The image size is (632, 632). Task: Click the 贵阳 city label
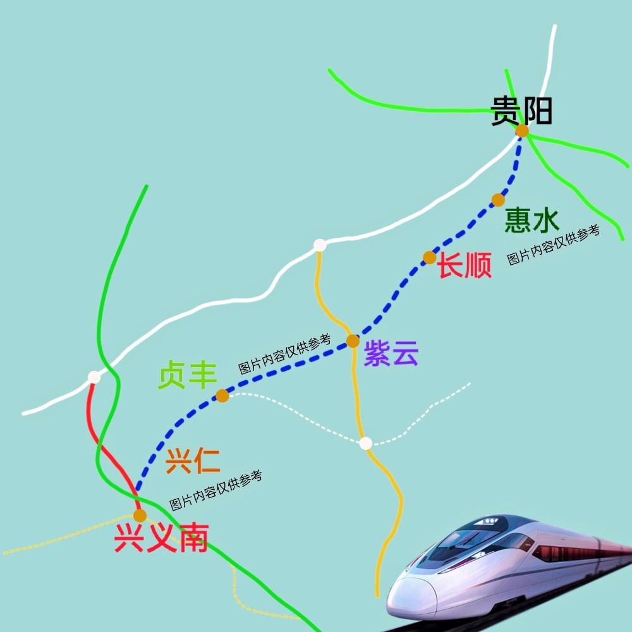521,111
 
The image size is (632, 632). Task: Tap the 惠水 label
532,221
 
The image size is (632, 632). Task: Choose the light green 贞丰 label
188,375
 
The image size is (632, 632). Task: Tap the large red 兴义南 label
161,539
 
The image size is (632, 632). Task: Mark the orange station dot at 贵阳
522,131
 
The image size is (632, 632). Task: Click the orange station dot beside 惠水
498,200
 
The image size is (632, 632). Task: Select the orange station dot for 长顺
430,257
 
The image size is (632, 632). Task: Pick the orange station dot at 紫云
353,341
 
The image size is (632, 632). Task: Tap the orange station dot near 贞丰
222,396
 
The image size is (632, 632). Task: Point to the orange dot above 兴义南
140,516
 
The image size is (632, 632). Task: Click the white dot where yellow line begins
320,245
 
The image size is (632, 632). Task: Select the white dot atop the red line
94,377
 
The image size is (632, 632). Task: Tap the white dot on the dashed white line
365,443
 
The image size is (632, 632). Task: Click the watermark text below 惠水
554,245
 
